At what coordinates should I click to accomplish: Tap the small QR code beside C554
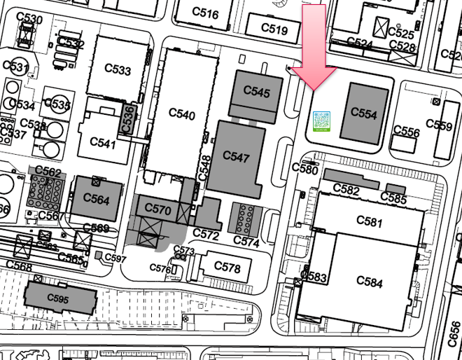pos(321,121)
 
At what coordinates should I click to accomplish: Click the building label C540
pos(182,115)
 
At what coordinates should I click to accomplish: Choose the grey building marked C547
pos(238,157)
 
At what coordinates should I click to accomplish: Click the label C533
pos(117,70)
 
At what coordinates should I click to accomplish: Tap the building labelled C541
pos(103,144)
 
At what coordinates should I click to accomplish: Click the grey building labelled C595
pos(60,298)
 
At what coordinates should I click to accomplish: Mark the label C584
pos(369,282)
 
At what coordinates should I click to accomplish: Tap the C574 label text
pos(246,242)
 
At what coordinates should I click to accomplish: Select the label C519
pos(274,29)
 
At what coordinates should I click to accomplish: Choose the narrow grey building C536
pos(128,118)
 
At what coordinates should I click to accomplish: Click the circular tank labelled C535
pos(61,105)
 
